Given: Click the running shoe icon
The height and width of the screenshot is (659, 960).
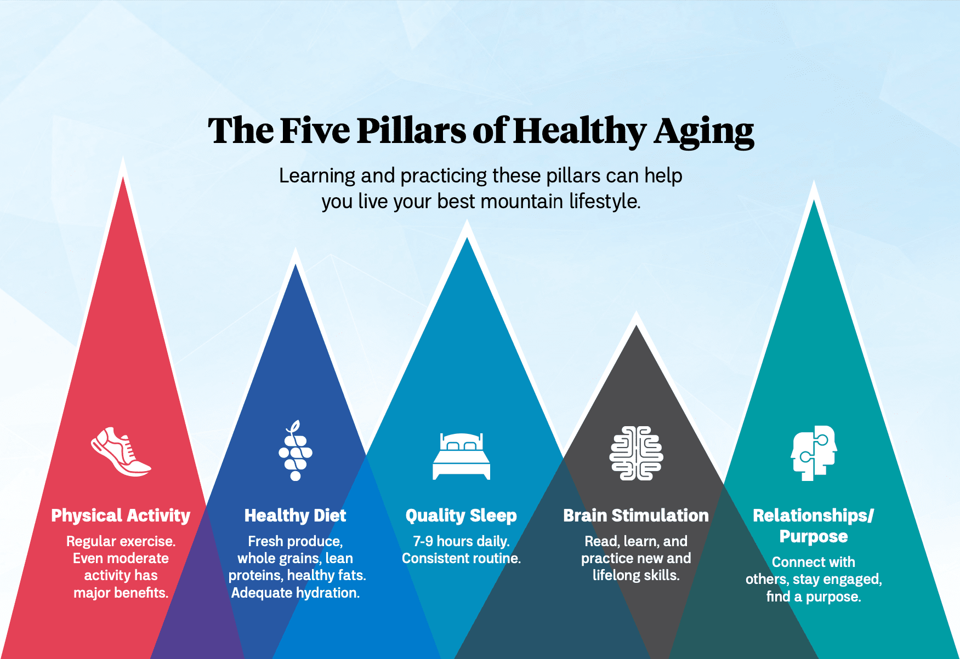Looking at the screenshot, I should coord(121,452).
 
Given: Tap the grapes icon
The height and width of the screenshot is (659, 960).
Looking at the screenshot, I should coord(296,451).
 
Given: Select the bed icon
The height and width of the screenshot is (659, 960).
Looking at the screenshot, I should coord(461,456).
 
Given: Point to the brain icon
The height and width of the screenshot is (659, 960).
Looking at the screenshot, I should coord(636,453).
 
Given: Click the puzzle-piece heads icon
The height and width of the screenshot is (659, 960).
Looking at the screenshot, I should coord(814,453).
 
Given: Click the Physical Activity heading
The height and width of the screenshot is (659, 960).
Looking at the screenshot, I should coord(121,515).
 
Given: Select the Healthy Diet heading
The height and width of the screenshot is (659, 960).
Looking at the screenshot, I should coord(295,515).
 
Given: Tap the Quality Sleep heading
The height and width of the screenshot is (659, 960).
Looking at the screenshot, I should coord(461,515).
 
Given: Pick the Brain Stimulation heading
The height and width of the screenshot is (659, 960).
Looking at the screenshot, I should coord(636,515).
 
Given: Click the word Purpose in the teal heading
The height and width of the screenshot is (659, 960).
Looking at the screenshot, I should coord(814,536).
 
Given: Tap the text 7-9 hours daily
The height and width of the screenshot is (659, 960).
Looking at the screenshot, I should coord(461,541).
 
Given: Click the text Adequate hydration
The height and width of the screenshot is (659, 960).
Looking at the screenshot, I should coord(295,593).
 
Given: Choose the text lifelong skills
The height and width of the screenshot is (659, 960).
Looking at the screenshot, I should coord(636,575).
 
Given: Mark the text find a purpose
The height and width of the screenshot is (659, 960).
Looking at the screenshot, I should coord(814,597).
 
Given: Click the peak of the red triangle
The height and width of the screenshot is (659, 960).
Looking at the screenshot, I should coord(123,179).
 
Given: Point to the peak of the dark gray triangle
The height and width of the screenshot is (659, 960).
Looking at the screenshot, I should coord(636,327).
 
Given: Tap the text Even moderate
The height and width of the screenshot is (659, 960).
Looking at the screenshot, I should coord(121,558).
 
